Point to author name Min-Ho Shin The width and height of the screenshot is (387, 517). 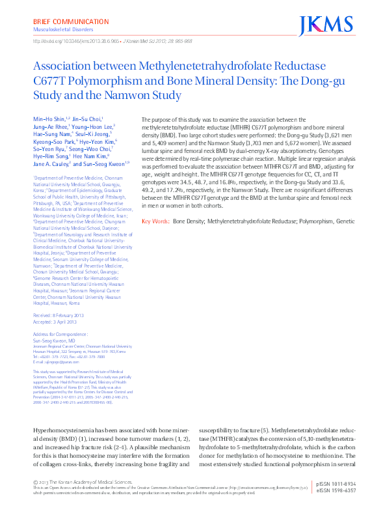point(48,119)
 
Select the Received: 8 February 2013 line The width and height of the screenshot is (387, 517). point(59,315)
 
